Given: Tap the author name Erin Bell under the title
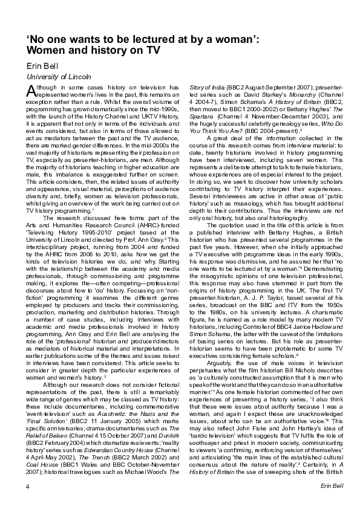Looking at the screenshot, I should tap(43, 65).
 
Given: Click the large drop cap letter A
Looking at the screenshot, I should tap(31, 91).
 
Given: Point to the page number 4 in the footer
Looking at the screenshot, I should tap(28, 485).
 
